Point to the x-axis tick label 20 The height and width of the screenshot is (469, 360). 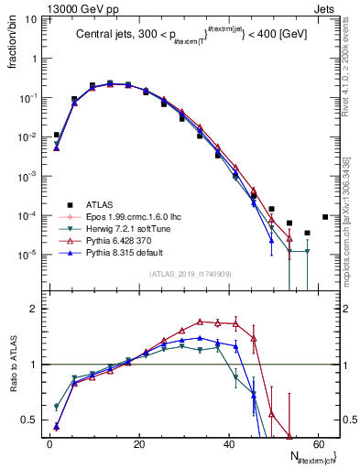[x=138, y=444]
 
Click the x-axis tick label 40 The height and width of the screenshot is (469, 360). [x=228, y=444]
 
